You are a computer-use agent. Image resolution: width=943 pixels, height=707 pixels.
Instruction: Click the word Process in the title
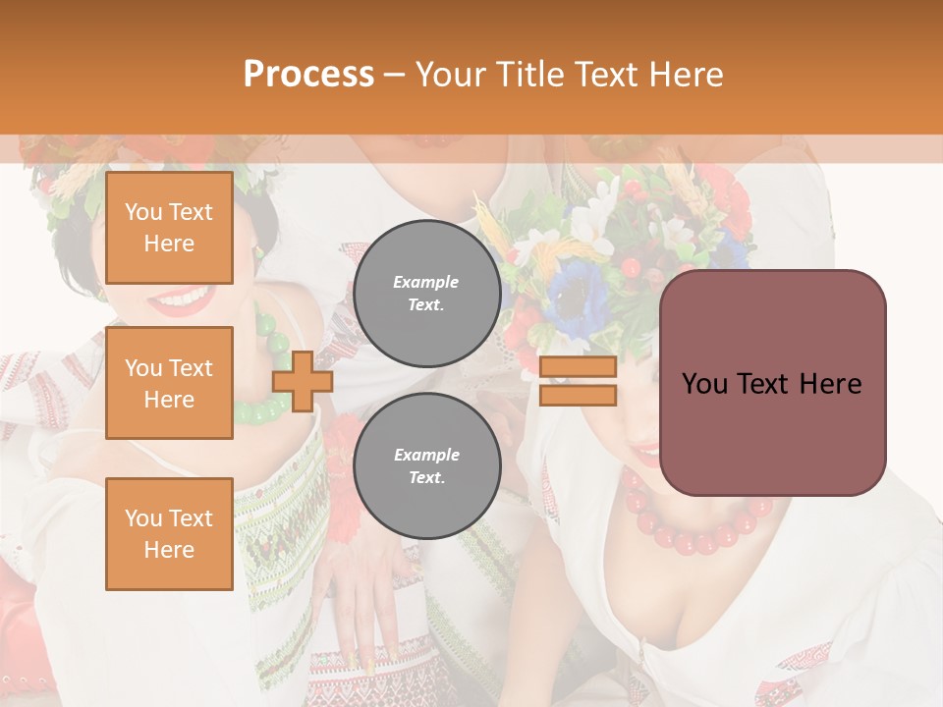click(x=308, y=75)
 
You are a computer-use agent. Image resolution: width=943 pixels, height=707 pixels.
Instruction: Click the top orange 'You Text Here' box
click(x=169, y=228)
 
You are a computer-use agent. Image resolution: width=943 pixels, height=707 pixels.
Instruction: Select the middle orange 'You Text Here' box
click(x=169, y=383)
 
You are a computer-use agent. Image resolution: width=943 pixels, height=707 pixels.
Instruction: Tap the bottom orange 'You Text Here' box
click(x=169, y=533)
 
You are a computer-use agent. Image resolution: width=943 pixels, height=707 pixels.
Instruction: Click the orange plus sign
click(x=302, y=381)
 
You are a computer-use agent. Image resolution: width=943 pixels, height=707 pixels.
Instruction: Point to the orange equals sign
click(x=578, y=381)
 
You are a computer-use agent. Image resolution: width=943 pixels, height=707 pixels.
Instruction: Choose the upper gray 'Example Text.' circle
click(x=426, y=294)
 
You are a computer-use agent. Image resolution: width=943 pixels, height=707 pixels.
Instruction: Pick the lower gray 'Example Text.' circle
click(x=426, y=466)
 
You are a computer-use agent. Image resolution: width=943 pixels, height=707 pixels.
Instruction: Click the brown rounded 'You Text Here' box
click(x=772, y=383)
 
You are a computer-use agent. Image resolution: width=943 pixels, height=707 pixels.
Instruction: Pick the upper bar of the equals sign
click(x=578, y=367)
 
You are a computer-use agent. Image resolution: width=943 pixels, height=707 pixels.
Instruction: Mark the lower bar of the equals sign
click(x=578, y=395)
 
